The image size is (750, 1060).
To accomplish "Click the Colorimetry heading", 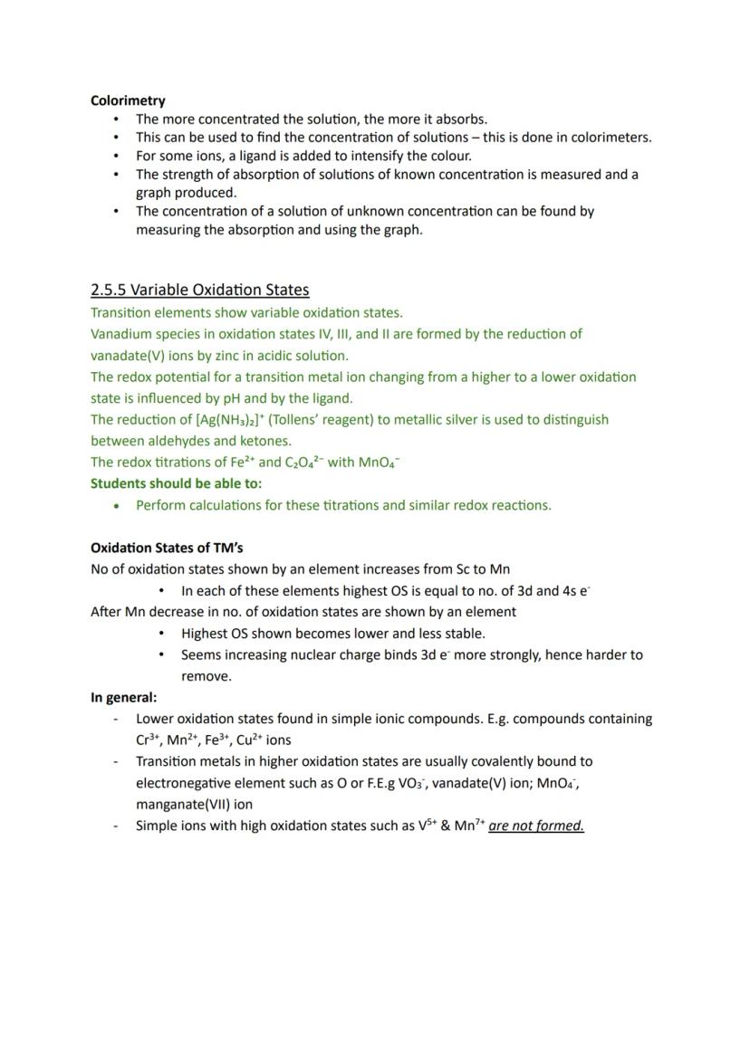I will tap(128, 100).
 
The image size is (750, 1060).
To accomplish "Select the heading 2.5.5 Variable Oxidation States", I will tap(199, 290).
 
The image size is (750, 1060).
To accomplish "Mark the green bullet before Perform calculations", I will tap(116, 506).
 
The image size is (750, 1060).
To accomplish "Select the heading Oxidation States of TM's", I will tap(167, 548).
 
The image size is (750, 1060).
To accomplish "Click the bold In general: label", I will tap(123, 697).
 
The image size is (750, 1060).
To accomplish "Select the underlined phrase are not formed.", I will tap(535, 826).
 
